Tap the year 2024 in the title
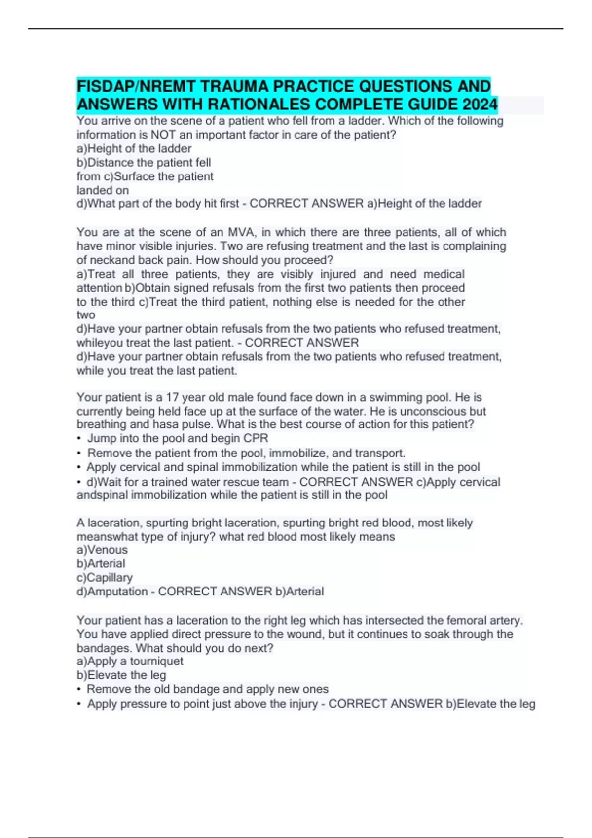click(480, 105)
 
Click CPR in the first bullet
click(257, 438)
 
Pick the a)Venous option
click(102, 550)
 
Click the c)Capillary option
click(105, 577)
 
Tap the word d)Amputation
click(112, 591)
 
